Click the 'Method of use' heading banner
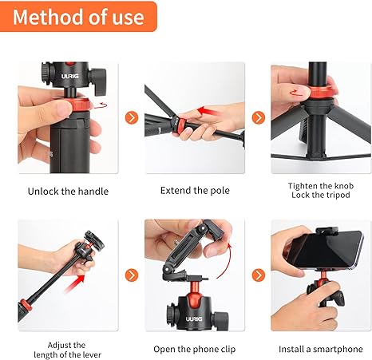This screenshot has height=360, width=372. pos(78,17)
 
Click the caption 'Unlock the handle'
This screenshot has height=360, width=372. pos(68,192)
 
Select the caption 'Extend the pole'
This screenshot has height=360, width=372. pos(195,191)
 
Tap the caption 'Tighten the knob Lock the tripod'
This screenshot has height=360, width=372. pos(321,190)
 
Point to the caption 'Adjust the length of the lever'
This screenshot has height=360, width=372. pos(67,350)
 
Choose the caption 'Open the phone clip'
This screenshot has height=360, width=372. pos(195,349)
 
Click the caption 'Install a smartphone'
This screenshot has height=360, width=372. pos(321,349)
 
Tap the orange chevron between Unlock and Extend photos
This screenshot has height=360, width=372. pos(132,117)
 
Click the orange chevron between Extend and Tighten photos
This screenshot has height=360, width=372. pos(259,117)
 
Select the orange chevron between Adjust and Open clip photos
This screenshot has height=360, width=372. pos(132,275)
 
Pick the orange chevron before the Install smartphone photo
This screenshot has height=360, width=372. pos(259,275)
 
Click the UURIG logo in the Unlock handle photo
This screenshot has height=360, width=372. pos(70,77)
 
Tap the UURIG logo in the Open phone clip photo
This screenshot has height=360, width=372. pos(194,318)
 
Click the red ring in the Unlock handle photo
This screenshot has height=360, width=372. pos(80,105)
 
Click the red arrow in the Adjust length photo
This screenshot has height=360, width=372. pos(75,283)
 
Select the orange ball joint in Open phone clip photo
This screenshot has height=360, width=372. pos(194,290)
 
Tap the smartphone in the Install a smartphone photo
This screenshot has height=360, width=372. pos(325,250)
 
